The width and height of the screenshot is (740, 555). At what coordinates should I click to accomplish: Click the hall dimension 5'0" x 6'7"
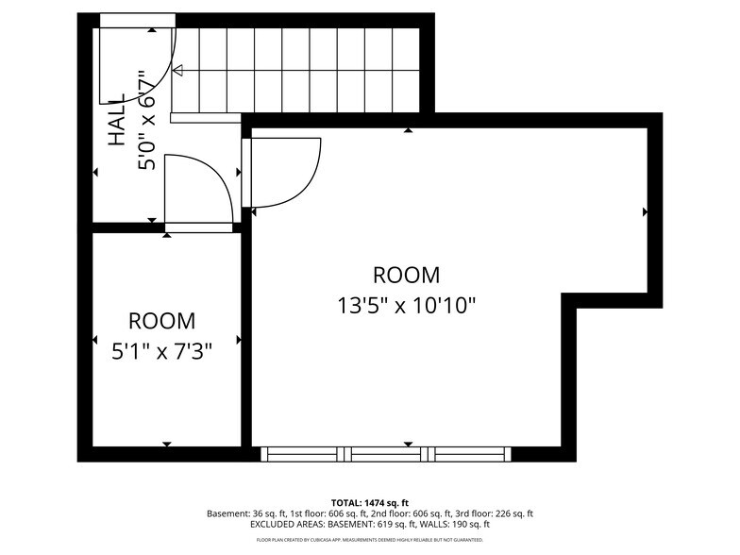pos(146,120)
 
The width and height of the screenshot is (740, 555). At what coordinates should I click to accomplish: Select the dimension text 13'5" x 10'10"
pos(406,306)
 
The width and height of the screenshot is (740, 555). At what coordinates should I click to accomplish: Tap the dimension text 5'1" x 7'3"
pos(161,351)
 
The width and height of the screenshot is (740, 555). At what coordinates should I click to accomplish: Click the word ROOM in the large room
pos(406,276)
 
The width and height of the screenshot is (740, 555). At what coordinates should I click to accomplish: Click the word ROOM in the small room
pos(161,320)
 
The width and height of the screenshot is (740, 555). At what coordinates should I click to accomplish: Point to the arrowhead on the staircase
pos(177,70)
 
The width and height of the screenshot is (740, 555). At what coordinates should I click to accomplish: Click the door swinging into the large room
pos(283,172)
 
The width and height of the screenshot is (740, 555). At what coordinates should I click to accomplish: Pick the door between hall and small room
pos(198,193)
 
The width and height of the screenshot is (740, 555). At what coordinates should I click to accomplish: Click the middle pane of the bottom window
pos(386,454)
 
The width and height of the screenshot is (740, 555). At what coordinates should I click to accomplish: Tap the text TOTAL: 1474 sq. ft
pos(369,502)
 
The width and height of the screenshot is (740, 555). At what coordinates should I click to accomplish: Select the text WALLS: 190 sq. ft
pos(451,524)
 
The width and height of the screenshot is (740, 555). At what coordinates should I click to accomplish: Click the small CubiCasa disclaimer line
pos(369,540)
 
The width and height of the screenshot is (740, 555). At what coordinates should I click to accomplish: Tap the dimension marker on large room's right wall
pos(645,212)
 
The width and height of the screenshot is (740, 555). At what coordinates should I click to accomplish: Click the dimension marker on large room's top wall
pos(408,131)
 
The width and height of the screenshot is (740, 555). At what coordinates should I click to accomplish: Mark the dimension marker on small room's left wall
pos(94,340)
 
